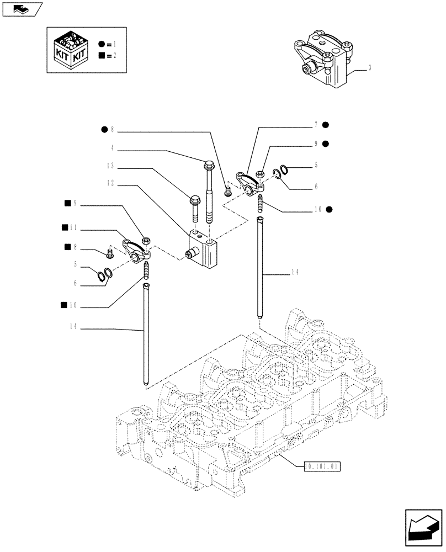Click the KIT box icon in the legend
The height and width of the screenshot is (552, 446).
(x=69, y=50)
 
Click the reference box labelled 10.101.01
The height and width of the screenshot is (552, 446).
(x=322, y=466)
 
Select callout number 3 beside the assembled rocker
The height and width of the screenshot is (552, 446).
(x=369, y=68)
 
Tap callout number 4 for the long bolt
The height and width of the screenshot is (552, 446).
(x=113, y=148)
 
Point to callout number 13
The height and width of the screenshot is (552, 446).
(x=110, y=166)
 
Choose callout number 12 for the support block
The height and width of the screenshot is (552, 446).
(x=110, y=183)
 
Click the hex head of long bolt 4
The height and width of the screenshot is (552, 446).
(x=209, y=164)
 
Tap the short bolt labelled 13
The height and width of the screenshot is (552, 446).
(x=194, y=206)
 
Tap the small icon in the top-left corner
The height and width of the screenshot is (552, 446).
(x=22, y=9)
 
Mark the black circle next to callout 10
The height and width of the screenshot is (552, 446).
(x=330, y=209)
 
